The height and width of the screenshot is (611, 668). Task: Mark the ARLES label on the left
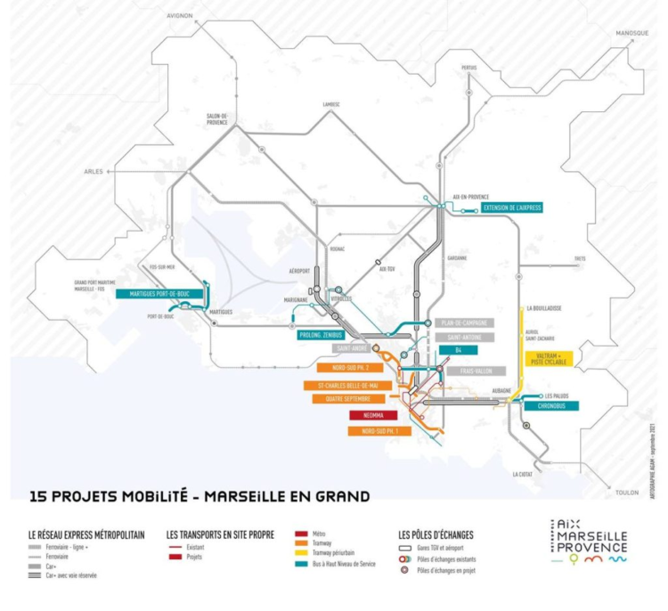pyautogui.click(x=94, y=171)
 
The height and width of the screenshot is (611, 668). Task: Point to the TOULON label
pyautogui.click(x=631, y=491)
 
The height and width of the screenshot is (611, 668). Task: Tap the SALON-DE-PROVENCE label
pyautogui.click(x=217, y=119)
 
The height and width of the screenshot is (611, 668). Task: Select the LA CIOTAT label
pyautogui.click(x=524, y=475)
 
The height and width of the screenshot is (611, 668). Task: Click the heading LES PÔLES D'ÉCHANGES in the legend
pyautogui.click(x=436, y=534)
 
